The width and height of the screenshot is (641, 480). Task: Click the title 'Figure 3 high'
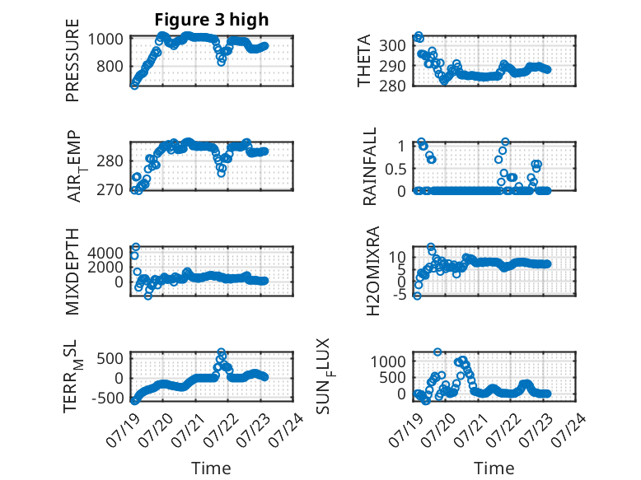(212, 20)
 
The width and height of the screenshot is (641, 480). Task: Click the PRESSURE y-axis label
(72, 60)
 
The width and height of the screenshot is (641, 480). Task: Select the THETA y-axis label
(363, 60)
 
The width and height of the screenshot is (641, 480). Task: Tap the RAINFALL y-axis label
(369, 166)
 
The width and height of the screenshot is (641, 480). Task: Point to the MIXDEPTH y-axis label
(72, 272)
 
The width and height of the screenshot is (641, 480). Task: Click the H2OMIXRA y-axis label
(373, 271)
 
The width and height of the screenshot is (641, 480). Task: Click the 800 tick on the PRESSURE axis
(110, 66)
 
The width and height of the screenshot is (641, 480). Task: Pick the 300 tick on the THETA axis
(392, 45)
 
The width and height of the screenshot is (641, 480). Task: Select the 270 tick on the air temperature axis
(110, 190)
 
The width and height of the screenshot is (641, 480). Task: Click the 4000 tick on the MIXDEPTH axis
(105, 253)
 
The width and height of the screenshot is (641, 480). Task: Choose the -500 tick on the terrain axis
(107, 398)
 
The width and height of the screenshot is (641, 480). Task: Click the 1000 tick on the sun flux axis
(388, 361)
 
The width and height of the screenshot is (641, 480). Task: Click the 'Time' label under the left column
(211, 468)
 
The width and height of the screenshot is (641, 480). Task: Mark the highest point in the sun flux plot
(437, 352)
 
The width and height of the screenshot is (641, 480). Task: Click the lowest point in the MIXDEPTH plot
(148, 296)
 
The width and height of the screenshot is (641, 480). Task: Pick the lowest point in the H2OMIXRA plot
(417, 296)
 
